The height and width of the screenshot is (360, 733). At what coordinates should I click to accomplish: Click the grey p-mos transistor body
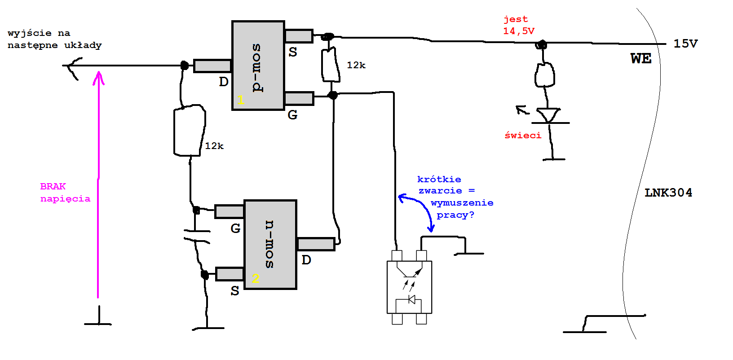click(x=258, y=66)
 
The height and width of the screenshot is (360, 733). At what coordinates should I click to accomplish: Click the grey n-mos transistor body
click(x=270, y=245)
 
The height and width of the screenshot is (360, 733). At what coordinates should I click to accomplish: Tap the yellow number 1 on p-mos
click(x=241, y=100)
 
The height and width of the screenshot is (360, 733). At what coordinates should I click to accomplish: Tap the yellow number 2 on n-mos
click(x=256, y=279)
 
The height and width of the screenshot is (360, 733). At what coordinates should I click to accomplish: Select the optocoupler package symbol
click(x=409, y=287)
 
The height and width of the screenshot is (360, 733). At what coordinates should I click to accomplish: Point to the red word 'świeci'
click(x=523, y=136)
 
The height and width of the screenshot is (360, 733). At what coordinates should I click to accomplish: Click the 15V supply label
click(x=685, y=44)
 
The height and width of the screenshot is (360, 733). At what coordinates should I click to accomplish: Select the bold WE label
click(x=641, y=58)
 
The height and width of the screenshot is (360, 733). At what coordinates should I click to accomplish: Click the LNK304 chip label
click(x=668, y=193)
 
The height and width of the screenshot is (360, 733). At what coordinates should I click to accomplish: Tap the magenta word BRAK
click(x=53, y=186)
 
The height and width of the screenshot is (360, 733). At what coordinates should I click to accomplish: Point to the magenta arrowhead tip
click(x=98, y=72)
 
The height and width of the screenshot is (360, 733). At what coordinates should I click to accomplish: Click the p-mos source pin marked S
click(x=299, y=36)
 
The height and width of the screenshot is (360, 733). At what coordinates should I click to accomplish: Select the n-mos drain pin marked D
click(x=316, y=244)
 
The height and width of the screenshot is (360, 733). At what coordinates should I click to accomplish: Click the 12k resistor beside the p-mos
click(x=331, y=65)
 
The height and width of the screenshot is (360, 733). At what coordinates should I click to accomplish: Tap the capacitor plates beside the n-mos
click(x=196, y=237)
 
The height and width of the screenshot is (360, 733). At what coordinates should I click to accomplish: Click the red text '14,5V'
click(x=519, y=31)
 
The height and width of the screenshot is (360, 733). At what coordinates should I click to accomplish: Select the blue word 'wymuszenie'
click(x=462, y=203)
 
